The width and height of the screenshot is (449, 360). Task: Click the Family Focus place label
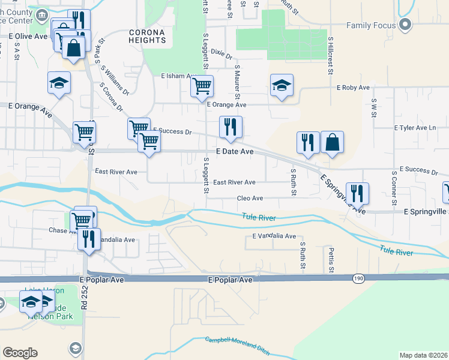tap(371, 25)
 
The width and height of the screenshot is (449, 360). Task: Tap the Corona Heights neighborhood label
tap(146, 36)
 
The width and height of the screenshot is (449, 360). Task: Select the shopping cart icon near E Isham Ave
tap(202, 86)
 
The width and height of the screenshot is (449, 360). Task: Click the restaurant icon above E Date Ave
tap(231, 127)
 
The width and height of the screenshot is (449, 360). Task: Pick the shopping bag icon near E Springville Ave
tap(332, 142)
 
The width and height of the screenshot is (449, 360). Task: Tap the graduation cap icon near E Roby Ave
tap(281, 85)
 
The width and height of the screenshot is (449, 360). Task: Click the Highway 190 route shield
tap(358, 278)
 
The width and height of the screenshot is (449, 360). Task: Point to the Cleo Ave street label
tap(250, 198)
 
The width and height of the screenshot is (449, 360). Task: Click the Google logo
tap(20, 353)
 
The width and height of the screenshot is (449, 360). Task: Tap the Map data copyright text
tap(423, 355)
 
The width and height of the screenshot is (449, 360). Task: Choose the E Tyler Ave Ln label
tap(415, 128)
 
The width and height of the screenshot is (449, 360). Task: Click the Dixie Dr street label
tap(221, 55)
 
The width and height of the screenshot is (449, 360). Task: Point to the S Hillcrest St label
tap(330, 55)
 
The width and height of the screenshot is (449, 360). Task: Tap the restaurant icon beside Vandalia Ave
tap(89, 238)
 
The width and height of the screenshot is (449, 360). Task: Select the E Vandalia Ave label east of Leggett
tap(274, 236)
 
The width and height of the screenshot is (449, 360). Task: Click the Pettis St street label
tap(331, 259)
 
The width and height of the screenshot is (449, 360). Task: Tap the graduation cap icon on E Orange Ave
tap(59, 83)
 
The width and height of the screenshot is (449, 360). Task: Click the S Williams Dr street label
tap(116, 80)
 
